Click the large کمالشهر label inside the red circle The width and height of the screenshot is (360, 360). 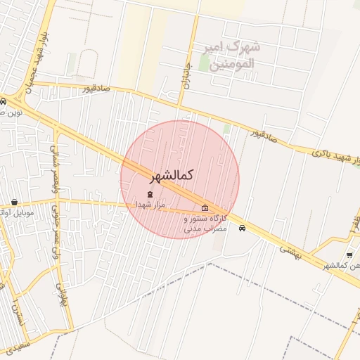(x=172, y=174)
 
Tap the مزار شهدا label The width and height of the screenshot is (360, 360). (x=150, y=203)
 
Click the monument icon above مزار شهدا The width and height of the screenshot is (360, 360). (x=150, y=193)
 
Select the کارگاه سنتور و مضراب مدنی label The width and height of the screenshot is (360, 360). (x=205, y=224)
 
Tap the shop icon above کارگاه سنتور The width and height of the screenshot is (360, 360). (x=205, y=207)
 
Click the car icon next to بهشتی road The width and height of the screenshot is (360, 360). (x=243, y=228)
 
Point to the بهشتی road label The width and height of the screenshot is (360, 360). (x=290, y=251)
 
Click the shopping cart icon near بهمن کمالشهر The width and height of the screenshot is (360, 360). (x=349, y=255)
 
